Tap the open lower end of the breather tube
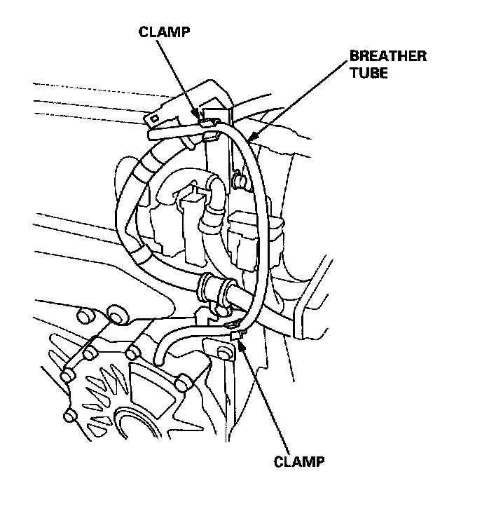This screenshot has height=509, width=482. pos(160,357)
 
